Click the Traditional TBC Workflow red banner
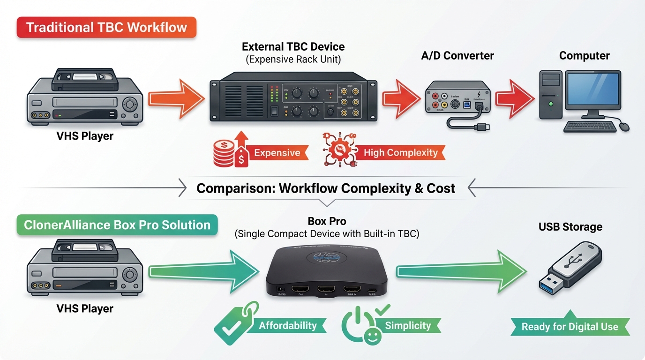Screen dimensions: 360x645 click(x=106, y=27)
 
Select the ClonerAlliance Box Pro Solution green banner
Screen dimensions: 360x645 click(x=117, y=225)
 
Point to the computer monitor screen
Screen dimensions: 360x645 click(x=592, y=90)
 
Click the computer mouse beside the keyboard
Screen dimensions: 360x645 click(x=624, y=127)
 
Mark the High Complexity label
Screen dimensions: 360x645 click(x=401, y=153)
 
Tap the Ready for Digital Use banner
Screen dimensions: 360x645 click(x=570, y=327)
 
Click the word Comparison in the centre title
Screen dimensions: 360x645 click(x=235, y=188)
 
